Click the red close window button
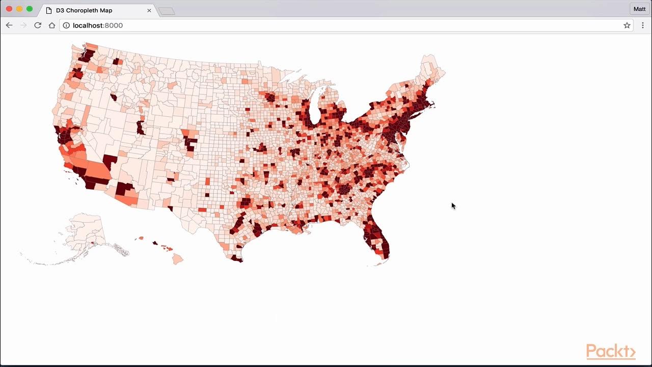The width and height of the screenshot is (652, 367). tap(9, 9)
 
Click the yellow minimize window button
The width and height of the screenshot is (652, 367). tap(19, 9)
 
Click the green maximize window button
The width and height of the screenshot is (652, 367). tap(30, 9)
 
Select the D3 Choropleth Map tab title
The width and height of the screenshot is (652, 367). tap(84, 10)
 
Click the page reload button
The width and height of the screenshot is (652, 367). tap(38, 25)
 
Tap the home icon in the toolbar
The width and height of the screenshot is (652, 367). tap(52, 25)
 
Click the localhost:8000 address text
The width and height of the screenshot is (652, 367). tap(98, 25)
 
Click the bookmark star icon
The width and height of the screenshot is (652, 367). tap(627, 25)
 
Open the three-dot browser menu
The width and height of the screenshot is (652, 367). tap(642, 25)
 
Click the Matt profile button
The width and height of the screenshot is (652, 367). tap(639, 9)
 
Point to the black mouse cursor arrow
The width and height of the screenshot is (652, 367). tap(453, 205)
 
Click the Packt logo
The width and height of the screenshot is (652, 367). tap(611, 352)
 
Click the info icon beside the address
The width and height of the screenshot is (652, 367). tap(66, 25)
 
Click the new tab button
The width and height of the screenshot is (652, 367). tap(167, 11)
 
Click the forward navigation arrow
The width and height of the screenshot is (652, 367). tap(23, 25)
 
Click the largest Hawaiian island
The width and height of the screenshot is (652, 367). tap(177, 259)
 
